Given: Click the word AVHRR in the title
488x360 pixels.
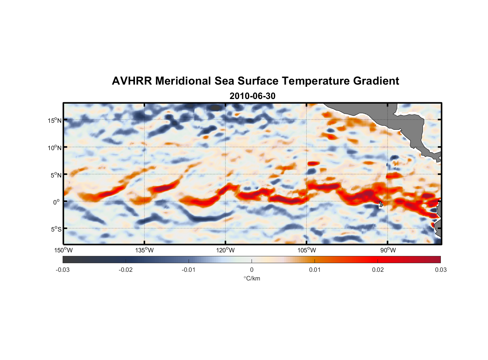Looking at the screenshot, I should [x=132, y=81].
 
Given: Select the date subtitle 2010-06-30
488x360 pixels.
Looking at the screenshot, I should [x=252, y=96].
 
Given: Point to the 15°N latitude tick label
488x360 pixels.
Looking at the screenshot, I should [x=54, y=120].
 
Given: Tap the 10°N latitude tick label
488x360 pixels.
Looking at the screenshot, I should [x=54, y=148].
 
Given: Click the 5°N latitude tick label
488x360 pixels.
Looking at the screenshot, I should [x=55, y=175].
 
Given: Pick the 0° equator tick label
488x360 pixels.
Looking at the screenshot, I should [x=57, y=202].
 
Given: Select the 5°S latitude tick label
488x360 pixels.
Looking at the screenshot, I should [x=55, y=229].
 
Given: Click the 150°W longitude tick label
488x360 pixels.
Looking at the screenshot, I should [x=63, y=250].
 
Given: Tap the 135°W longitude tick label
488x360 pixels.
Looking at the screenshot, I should [x=144, y=250].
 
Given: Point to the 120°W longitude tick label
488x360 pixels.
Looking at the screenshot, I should [x=225, y=250].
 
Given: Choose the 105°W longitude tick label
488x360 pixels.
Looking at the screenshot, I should [x=307, y=250].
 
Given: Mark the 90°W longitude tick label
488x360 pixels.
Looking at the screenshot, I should [x=388, y=250].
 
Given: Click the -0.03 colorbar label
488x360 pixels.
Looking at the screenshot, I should [x=63, y=270].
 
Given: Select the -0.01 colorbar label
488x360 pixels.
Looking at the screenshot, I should [x=188, y=270].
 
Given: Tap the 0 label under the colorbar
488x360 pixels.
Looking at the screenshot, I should [x=252, y=270].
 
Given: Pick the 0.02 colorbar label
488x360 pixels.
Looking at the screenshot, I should [x=378, y=270].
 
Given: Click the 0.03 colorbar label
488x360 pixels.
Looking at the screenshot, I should [x=440, y=270].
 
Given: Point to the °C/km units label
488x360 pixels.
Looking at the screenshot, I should [x=252, y=278].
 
